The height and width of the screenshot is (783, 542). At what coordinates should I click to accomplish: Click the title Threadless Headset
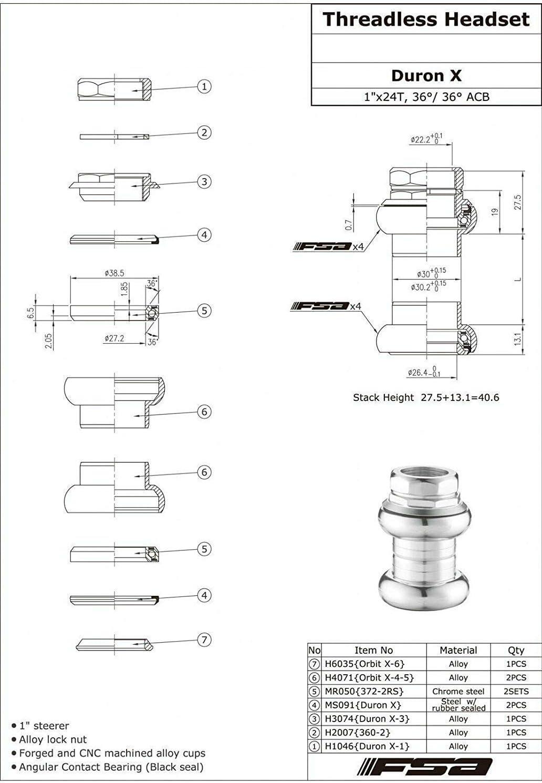pos(426,19)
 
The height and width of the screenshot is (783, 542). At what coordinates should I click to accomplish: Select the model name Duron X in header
pos(426,76)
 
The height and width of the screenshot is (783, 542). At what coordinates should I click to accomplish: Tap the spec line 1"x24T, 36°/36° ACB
pos(426,97)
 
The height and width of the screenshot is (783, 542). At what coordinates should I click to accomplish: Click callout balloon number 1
pos(204,86)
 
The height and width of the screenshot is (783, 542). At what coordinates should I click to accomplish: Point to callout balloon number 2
pos(204,132)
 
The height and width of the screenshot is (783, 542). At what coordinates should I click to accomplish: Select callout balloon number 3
pos(204,182)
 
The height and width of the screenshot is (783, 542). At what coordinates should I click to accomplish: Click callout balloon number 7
pos(204,640)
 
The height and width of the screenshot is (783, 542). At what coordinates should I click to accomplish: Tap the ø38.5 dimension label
pos(114,273)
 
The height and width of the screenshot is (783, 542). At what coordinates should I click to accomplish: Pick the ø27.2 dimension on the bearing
pos(114,338)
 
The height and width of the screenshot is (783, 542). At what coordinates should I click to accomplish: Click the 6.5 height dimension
pos(31,313)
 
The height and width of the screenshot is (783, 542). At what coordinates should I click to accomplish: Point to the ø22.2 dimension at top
pos(426,139)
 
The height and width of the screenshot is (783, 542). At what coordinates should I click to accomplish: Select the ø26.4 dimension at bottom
pos(424,372)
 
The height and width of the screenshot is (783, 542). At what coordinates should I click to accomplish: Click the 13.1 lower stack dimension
pos(518,339)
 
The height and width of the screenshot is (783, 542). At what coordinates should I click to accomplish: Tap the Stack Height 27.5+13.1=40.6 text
pos(426,398)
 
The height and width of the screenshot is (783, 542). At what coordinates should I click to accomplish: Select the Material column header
pos(458,650)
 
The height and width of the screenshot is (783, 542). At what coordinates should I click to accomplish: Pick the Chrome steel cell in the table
pos(458,692)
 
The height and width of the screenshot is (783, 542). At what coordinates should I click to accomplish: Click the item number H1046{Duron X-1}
pos(367,746)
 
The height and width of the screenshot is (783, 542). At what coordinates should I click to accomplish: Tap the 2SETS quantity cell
pos(516,692)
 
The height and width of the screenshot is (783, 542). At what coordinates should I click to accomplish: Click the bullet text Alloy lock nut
pos(53,739)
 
